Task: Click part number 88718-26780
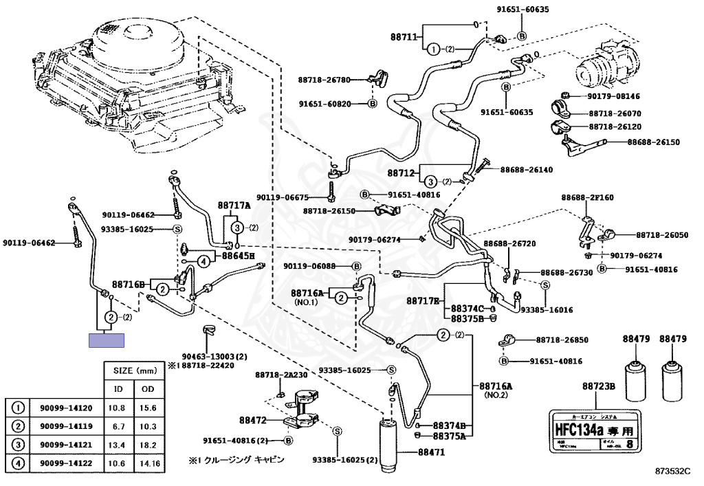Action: click(x=324, y=80)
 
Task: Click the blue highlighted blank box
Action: click(x=107, y=340)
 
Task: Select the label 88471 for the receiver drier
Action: click(x=432, y=452)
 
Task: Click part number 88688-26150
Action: click(x=652, y=142)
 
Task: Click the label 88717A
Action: click(x=234, y=205)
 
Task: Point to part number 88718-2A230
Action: click(x=281, y=375)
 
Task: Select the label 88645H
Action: click(x=238, y=256)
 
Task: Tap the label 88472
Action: click(x=252, y=419)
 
